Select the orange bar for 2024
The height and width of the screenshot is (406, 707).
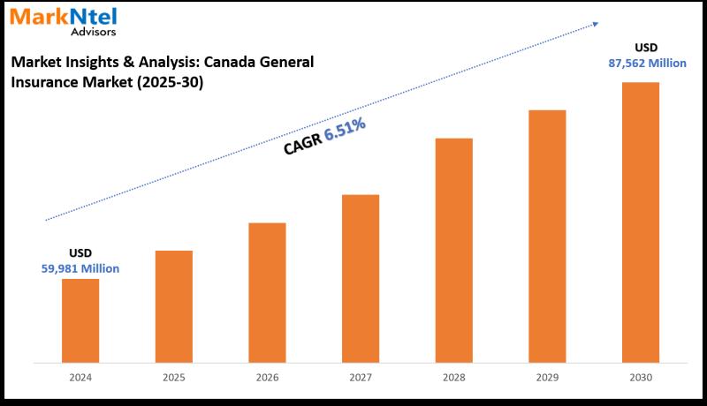click(80, 320)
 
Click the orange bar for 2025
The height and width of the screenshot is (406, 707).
click(174, 305)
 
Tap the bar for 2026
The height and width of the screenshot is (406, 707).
click(267, 291)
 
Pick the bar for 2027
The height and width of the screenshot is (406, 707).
click(361, 277)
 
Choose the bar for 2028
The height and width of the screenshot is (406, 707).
click(453, 249)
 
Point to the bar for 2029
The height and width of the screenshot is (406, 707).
click(547, 235)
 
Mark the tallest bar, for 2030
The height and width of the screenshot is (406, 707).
click(640, 221)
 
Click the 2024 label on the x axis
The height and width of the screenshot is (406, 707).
click(80, 377)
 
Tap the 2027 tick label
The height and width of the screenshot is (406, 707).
click(361, 377)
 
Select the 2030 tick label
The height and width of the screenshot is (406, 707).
click(640, 377)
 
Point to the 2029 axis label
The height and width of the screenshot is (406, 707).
click(547, 377)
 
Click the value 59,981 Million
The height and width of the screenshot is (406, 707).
click(80, 268)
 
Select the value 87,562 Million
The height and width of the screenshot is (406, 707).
click(640, 63)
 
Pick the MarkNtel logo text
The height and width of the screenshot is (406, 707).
click(63, 16)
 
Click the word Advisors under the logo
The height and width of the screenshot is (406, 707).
click(92, 32)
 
